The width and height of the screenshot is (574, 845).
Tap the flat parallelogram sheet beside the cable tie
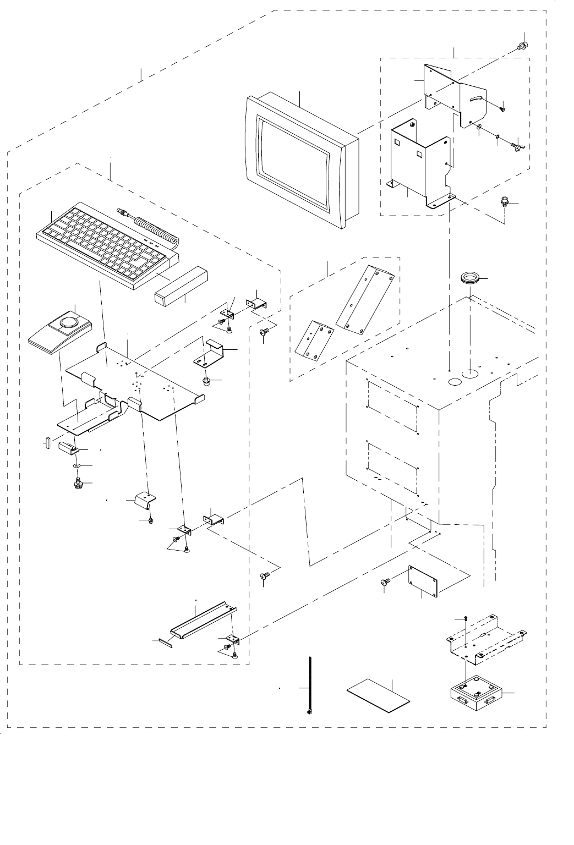pos(379,695)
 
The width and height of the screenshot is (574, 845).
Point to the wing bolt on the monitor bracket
pos(517,148)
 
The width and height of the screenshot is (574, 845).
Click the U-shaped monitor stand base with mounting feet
pos(421,165)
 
